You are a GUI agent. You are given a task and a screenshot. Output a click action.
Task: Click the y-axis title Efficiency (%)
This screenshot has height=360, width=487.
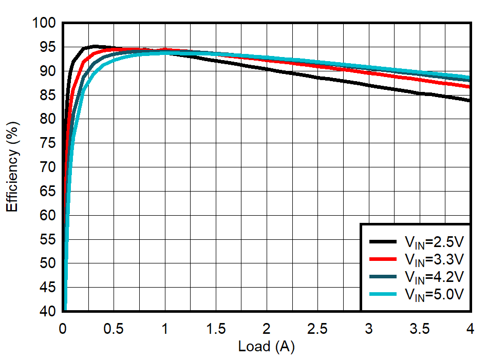12,166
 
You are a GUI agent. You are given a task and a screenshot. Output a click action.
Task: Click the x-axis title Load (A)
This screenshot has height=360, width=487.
266,347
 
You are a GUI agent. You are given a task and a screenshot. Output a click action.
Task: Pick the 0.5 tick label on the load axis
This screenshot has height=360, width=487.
114,328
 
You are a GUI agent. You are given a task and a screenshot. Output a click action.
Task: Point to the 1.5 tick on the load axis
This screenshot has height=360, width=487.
215,328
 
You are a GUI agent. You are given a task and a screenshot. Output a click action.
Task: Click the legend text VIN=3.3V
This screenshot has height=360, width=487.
434,259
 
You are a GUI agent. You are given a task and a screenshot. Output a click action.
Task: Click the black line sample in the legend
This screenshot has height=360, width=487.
383,241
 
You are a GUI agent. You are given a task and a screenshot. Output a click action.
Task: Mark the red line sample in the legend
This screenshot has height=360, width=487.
383,259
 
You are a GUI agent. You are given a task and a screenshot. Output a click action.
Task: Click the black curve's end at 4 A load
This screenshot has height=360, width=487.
470,100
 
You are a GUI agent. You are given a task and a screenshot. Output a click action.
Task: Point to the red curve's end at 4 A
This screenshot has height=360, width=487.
470,87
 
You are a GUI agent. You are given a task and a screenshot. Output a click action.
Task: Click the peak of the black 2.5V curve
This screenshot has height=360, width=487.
94,46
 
